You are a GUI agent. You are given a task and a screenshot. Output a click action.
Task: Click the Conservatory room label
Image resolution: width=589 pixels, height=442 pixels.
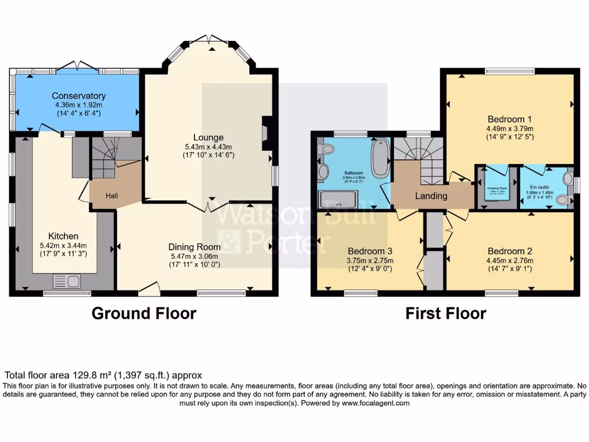pos(78,96)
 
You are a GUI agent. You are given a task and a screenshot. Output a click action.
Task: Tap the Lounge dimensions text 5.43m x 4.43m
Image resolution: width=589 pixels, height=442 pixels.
pos(208,146)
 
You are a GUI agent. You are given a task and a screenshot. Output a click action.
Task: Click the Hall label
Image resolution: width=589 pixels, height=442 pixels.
pos(112,196)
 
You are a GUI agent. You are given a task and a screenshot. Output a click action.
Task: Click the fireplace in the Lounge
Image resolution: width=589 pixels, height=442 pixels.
pos(266,133)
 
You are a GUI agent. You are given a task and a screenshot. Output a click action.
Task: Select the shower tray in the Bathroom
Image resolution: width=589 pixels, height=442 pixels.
pos(342,199)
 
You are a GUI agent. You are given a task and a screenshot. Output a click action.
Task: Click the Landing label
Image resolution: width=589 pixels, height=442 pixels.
pos(431,196)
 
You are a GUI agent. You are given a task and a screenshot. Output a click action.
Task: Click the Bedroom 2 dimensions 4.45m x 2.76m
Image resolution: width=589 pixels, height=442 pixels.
pos(510,260)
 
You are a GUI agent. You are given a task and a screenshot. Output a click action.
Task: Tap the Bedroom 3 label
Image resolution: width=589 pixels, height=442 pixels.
pos(370,251)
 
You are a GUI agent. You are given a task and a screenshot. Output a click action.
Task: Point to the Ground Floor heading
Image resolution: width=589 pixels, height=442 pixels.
pos(144,314)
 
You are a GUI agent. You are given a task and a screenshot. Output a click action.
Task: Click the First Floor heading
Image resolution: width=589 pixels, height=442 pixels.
pos(445,314)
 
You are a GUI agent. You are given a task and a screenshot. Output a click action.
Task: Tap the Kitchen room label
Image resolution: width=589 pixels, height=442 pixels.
pos(63,237)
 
